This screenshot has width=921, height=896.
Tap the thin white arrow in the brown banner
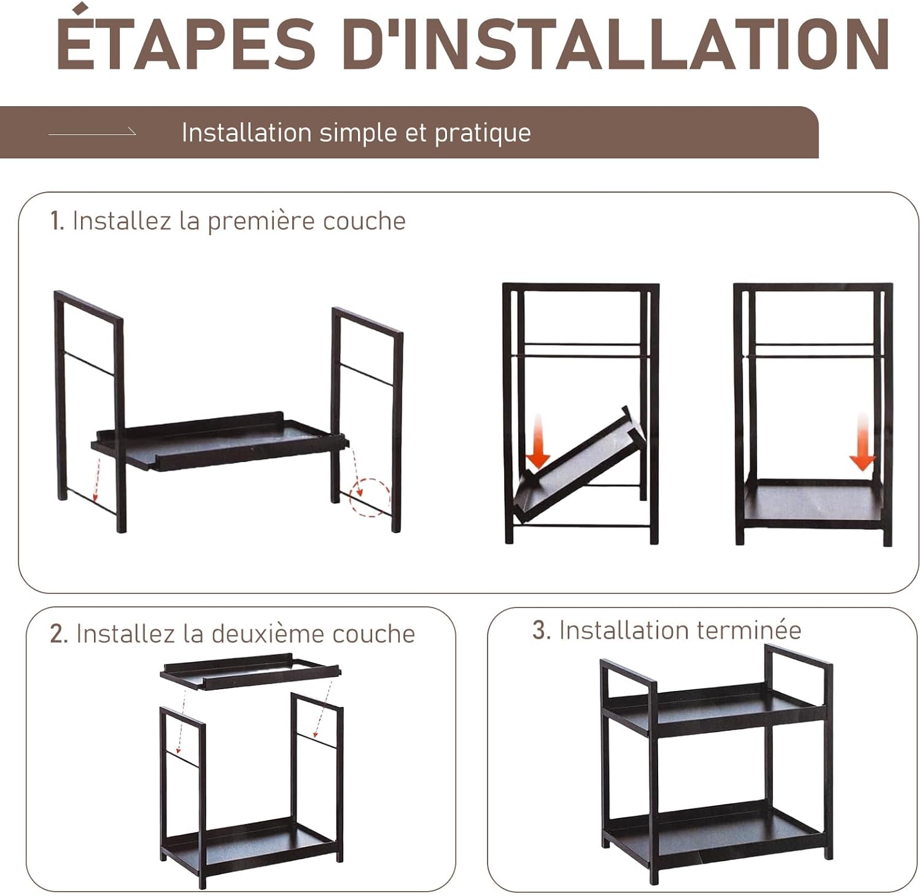(92, 132)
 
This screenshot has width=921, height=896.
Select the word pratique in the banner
(483, 134)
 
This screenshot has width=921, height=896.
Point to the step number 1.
(57, 222)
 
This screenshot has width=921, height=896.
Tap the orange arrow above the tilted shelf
(538, 442)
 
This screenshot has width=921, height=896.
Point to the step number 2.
(59, 634)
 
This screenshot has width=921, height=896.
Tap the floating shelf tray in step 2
(251, 671)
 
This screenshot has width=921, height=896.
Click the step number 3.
(540, 630)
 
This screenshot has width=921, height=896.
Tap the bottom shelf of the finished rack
(714, 828)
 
